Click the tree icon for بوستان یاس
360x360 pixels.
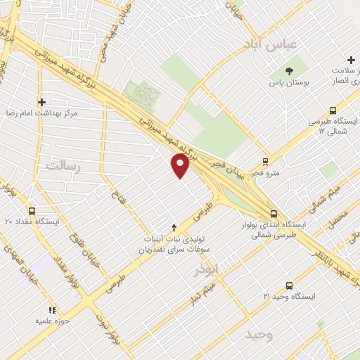point(289,70)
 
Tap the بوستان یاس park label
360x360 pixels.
point(289,83)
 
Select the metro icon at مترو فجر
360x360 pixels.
point(265,160)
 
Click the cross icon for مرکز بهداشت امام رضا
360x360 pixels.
point(41,101)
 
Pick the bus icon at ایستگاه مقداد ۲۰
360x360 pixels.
point(31,210)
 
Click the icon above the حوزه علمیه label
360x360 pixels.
point(51,309)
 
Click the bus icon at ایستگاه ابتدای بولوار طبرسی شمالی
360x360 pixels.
point(274,214)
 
